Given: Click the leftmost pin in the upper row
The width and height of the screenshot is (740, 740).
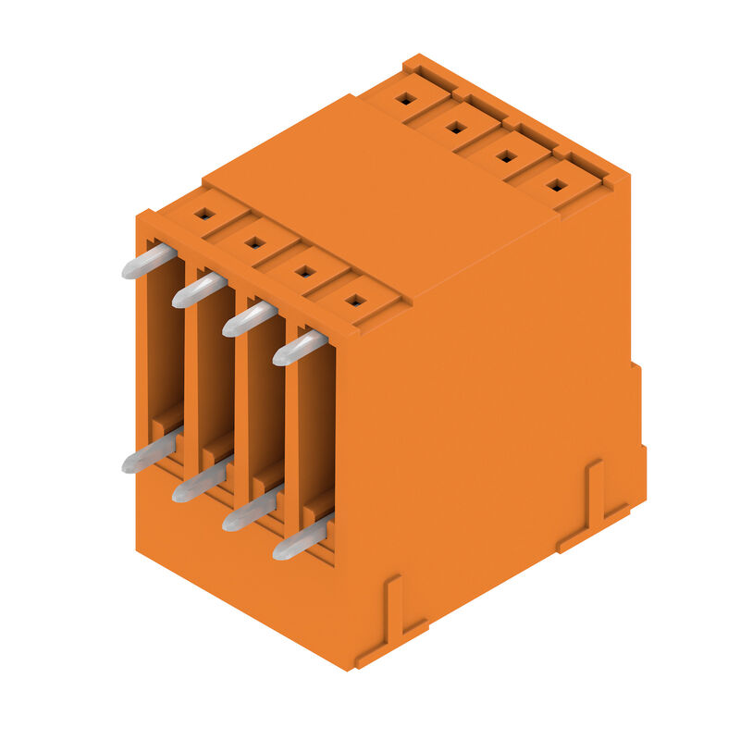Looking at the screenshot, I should click(x=148, y=262).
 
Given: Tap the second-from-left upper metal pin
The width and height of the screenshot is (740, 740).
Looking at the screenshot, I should click(x=198, y=290).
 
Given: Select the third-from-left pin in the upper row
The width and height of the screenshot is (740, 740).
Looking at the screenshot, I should click(x=248, y=319).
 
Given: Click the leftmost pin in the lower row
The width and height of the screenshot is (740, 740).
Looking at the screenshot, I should click(x=148, y=455).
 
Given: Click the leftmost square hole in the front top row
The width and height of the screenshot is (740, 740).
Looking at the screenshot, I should click(x=204, y=214).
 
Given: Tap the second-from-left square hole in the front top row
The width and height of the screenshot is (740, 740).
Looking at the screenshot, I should click(x=254, y=242).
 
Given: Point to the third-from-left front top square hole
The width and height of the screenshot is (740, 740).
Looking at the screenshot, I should click(x=304, y=271).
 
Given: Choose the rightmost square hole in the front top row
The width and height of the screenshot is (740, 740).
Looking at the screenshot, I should click(x=354, y=300).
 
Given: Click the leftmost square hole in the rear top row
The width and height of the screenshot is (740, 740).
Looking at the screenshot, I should click(x=405, y=98).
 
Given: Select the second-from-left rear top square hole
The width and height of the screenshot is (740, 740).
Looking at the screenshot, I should click(x=455, y=127).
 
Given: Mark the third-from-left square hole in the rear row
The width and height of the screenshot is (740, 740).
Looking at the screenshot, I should click(x=505, y=155).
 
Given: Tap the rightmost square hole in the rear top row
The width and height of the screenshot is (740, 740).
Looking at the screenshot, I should click(x=555, y=184).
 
